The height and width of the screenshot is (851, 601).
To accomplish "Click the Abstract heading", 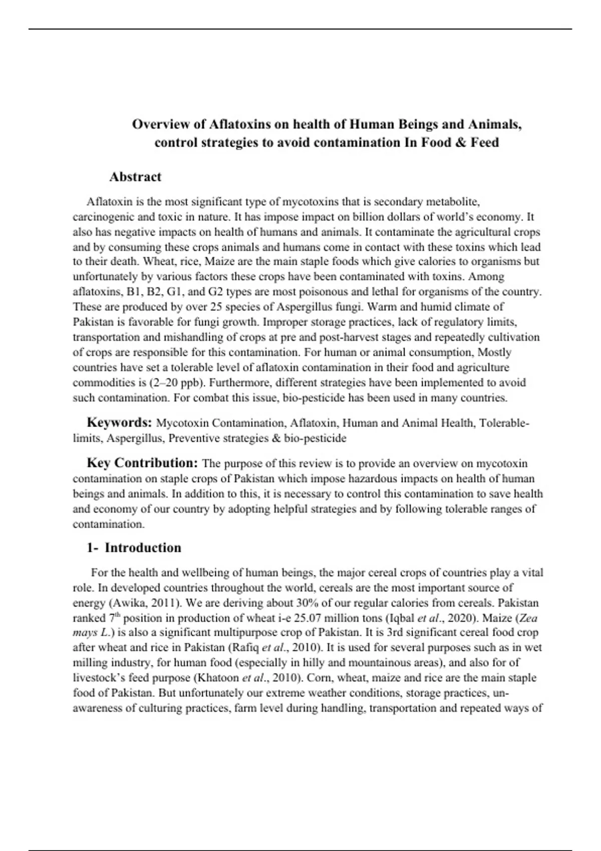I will [x=135, y=177].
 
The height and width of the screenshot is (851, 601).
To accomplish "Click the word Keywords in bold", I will [x=119, y=422].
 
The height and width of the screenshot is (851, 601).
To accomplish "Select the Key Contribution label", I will [x=143, y=463].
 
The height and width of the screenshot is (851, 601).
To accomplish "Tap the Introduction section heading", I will [x=143, y=548].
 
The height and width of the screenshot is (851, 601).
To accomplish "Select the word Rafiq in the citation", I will [x=245, y=648].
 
